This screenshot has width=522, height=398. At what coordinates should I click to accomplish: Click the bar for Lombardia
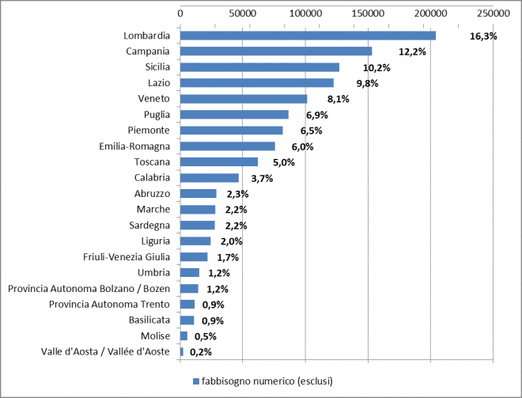click(308, 36)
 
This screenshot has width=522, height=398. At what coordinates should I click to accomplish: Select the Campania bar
click(276, 51)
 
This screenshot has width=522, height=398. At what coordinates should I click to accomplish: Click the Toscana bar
click(219, 162)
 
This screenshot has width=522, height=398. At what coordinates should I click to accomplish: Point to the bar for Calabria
click(210, 178)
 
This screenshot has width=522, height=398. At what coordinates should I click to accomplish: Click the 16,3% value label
click(482, 36)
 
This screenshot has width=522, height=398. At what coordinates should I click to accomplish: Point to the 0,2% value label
click(201, 352)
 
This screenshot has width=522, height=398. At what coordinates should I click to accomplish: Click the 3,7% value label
click(261, 179)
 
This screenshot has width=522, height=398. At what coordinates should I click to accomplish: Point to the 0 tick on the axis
click(180, 13)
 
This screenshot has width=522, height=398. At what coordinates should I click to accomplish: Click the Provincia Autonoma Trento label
click(109, 305)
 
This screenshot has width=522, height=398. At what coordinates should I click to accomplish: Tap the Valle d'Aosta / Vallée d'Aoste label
click(105, 352)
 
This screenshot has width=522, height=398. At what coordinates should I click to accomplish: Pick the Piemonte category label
click(149, 131)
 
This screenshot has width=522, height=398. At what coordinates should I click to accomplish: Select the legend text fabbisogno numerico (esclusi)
click(267, 381)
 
